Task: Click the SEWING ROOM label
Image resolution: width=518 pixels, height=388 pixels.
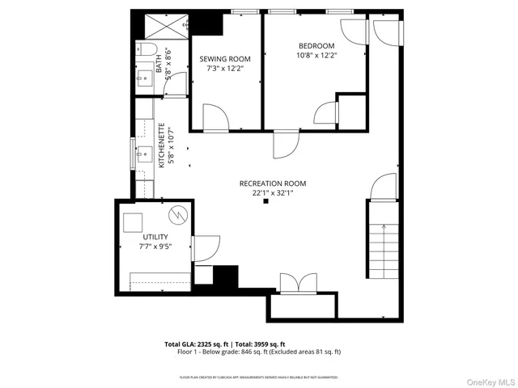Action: tap(226, 59)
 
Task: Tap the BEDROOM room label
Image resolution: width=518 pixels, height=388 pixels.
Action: tap(316, 45)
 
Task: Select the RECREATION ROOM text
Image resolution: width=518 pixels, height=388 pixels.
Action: tap(272, 183)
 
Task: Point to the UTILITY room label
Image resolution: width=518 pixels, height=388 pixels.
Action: tap(153, 237)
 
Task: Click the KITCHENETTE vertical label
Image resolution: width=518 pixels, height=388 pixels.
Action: tap(162, 145)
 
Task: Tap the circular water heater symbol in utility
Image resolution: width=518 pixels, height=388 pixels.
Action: tap(177, 215)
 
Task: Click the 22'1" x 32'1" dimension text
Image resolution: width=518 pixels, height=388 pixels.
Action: tap(272, 192)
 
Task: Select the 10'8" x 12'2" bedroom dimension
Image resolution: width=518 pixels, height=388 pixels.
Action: tap(316, 56)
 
